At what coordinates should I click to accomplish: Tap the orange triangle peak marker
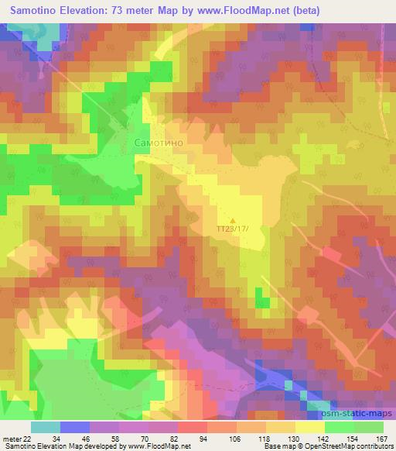pos(233,218)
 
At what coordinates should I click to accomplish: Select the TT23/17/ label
pos(234,229)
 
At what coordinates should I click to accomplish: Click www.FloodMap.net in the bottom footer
pos(162,446)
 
